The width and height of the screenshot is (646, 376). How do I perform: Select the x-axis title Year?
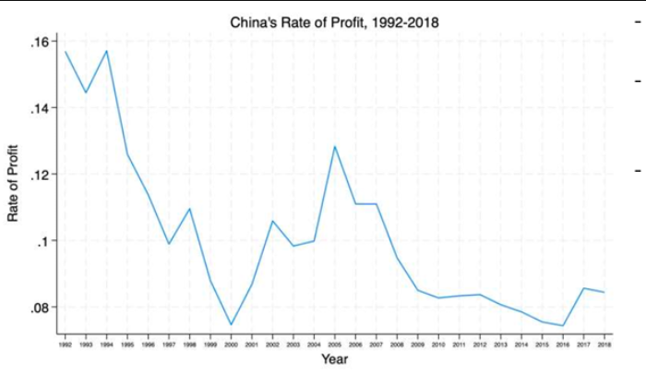click(x=334, y=358)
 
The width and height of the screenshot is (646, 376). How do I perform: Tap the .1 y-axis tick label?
click(x=42, y=241)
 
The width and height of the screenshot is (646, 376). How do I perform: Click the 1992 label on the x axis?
click(x=66, y=344)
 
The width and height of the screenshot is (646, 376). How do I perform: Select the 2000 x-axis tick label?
click(x=232, y=344)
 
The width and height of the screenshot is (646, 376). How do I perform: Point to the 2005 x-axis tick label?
click(x=335, y=344)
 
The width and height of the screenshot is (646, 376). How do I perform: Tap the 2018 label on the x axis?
click(x=604, y=344)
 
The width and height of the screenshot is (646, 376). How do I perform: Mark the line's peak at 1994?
click(x=107, y=51)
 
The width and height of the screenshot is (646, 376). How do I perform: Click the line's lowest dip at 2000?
click(x=231, y=325)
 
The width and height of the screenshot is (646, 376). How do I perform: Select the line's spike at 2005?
click(x=334, y=146)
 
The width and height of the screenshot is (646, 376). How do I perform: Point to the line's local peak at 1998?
click(x=190, y=208)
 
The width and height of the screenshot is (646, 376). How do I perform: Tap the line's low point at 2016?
click(x=563, y=325)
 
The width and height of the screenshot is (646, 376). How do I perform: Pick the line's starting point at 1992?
click(x=66, y=52)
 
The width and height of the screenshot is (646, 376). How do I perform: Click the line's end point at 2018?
click(x=604, y=292)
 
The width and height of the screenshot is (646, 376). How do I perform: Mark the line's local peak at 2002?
click(x=273, y=221)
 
